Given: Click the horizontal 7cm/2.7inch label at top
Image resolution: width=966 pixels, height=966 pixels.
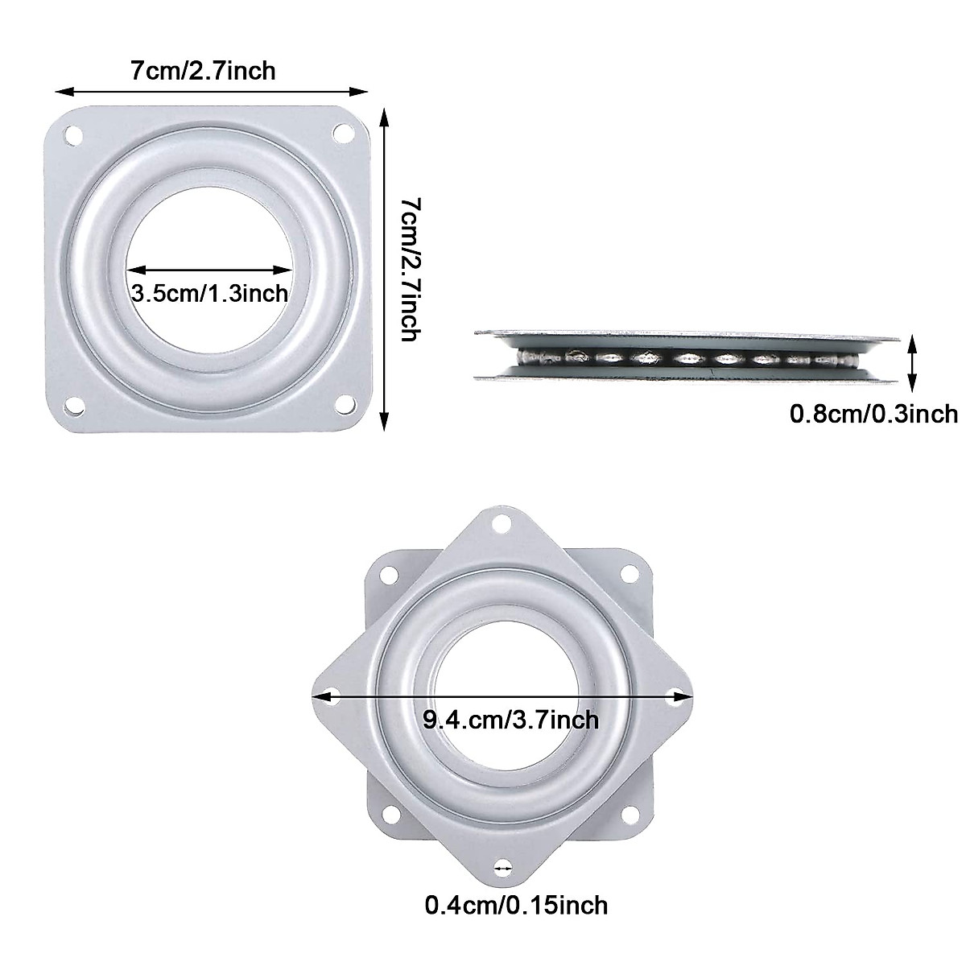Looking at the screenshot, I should coord(203,71).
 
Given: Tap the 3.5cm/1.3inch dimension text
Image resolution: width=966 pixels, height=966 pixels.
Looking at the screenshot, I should coord(209,293).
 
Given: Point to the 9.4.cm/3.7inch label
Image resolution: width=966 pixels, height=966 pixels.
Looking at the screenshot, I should coord(511,719).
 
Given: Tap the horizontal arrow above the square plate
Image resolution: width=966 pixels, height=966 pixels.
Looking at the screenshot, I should coord(211,92).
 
